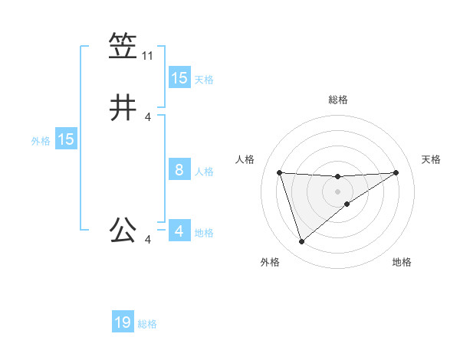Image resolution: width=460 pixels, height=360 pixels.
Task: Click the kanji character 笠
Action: click(x=123, y=47)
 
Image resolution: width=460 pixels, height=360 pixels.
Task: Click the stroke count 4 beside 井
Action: click(x=147, y=116)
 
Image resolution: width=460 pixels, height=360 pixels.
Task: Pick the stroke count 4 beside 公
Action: click(x=147, y=241)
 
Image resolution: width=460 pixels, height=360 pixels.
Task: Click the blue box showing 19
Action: click(x=123, y=322)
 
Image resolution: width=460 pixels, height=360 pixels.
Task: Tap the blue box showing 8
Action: click(x=179, y=170)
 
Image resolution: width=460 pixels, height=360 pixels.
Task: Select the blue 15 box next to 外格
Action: click(x=65, y=139)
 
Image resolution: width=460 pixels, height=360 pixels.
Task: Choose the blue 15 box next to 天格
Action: click(x=179, y=78)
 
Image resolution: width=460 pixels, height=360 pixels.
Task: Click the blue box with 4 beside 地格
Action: click(x=179, y=231)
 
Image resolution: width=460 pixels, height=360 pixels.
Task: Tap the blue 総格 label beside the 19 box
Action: click(x=147, y=324)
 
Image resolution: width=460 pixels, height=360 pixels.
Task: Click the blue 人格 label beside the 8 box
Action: click(x=204, y=172)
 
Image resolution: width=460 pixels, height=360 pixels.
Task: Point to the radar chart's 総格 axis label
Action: click(x=337, y=100)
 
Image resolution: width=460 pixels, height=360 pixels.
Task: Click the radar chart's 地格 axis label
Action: click(x=402, y=262)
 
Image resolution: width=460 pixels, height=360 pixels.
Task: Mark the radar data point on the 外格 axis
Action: click(x=301, y=242)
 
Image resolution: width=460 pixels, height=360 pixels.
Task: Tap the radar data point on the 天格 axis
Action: click(x=396, y=172)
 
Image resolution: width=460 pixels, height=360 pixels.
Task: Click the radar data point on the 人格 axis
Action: click(x=279, y=172)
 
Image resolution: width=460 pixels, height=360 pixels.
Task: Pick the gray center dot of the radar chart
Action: click(x=337, y=191)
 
